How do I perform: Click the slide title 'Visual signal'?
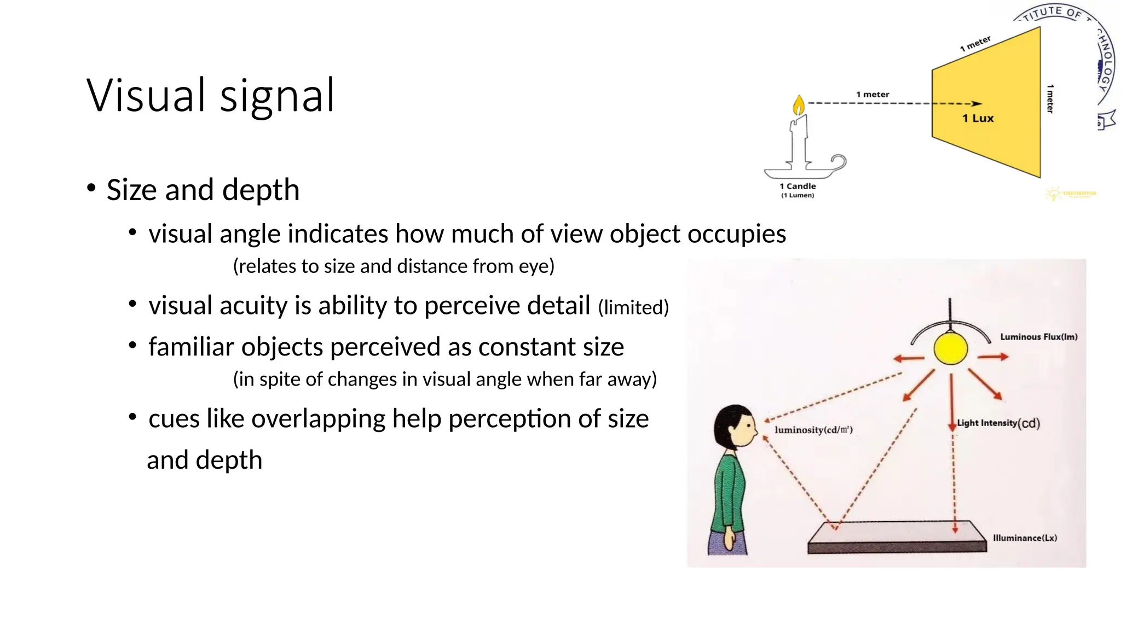tap(210, 96)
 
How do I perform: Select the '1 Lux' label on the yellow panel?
tap(978, 118)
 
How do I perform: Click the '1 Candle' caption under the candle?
tap(798, 186)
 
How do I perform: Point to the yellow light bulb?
tap(950, 349)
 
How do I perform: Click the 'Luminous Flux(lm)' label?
tap(1038, 337)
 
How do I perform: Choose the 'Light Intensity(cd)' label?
tap(998, 423)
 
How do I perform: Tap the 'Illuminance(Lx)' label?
tap(1025, 538)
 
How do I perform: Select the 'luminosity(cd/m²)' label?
tap(813, 430)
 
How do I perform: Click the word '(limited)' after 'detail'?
tap(633, 307)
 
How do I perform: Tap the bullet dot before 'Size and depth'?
tap(91, 188)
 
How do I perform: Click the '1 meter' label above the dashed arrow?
tap(872, 95)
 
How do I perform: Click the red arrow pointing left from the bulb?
tap(908, 359)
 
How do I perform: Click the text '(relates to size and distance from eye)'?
tap(394, 266)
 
